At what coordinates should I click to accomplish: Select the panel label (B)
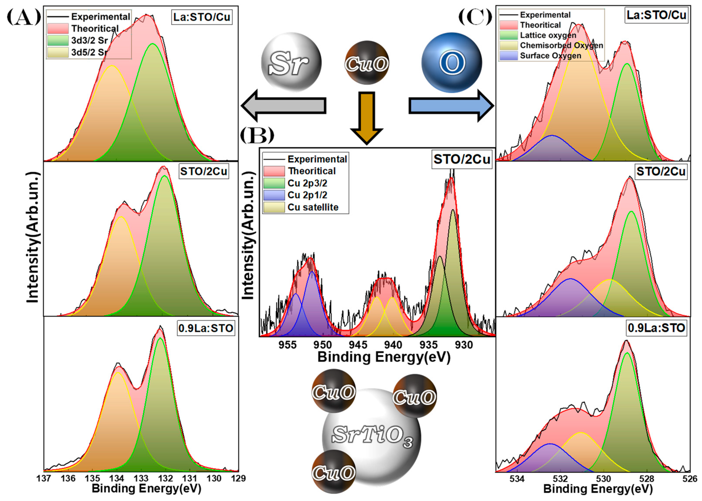click(x=257, y=136)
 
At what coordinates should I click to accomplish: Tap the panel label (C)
click(x=475, y=17)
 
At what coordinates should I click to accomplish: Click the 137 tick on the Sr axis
click(x=43, y=479)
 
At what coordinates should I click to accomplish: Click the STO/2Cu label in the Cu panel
click(x=462, y=159)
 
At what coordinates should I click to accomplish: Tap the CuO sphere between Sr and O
click(x=367, y=63)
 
